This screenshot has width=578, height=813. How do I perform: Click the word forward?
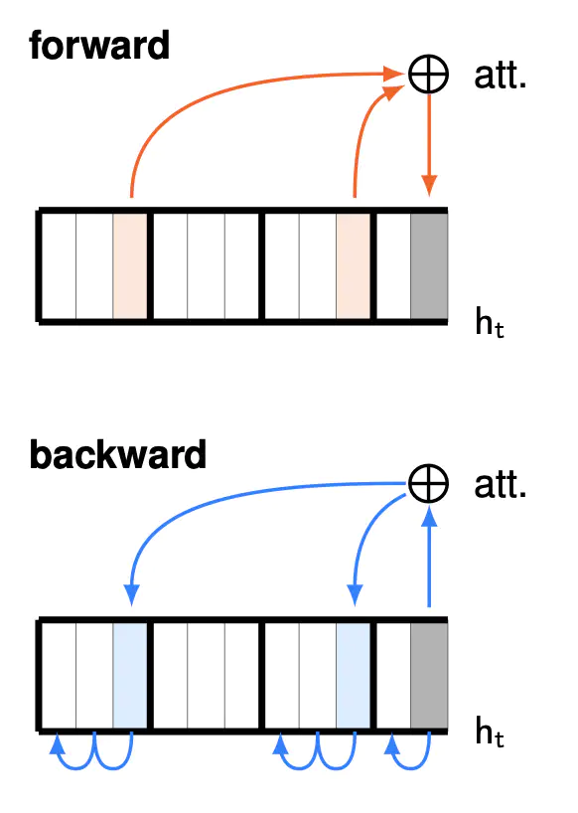coord(99,45)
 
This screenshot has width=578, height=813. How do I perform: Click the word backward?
coord(118,454)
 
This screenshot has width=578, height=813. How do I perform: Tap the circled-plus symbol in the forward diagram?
coord(428,75)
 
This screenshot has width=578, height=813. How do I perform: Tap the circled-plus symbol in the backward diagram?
coord(428,483)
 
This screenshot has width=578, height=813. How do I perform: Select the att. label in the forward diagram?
coord(500,76)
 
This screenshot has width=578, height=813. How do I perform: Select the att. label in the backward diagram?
coord(500,485)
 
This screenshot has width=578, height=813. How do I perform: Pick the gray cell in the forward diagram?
coord(429,266)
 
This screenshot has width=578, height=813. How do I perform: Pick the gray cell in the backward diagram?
coord(429,675)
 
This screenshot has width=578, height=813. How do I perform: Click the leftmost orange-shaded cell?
coord(130,266)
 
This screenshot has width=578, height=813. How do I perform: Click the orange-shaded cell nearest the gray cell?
coord(354,266)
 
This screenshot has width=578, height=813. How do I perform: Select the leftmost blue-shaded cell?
coord(130,675)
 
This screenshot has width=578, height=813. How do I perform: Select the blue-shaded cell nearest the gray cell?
coord(354,675)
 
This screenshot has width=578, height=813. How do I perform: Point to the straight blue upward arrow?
coord(429,556)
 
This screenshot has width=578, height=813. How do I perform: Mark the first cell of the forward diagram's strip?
coord(59,266)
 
